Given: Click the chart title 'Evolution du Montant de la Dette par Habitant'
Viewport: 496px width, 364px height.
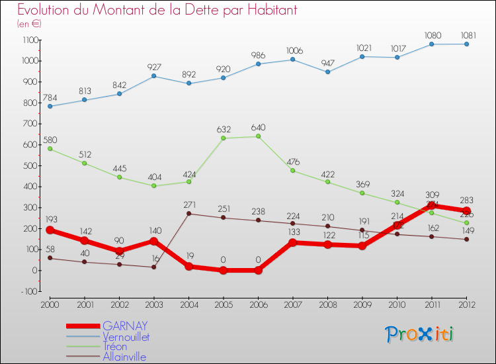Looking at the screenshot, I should [x=157, y=10].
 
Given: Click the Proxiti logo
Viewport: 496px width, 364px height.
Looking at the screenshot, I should [x=419, y=334].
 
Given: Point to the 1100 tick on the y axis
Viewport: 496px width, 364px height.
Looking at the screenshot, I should [x=30, y=40].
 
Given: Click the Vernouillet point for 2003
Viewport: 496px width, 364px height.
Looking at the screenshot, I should [x=153, y=76].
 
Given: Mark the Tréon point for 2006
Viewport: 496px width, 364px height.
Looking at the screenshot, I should [x=258, y=136].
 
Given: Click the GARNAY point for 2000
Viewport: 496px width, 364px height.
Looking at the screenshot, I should [x=50, y=230].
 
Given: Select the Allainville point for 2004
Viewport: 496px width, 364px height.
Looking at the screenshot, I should [x=188, y=213].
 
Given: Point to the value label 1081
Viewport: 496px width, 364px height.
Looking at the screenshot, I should [x=466, y=34].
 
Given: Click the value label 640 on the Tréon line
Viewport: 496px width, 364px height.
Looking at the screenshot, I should [x=258, y=126].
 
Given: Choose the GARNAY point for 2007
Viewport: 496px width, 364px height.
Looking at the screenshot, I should [x=292, y=242].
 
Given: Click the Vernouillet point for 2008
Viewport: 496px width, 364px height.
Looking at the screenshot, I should [x=327, y=71].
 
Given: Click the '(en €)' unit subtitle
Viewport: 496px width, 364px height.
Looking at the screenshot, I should [x=30, y=24].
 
